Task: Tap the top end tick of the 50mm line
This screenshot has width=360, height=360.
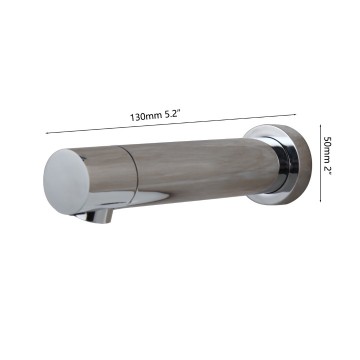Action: (319, 125)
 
